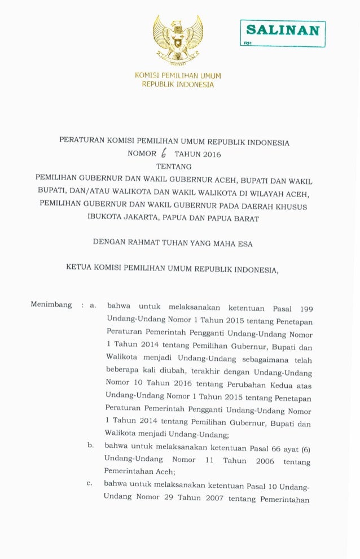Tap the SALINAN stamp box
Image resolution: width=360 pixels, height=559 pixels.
pyautogui.click(x=282, y=33)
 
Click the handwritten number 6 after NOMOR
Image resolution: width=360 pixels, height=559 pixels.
pyautogui.click(x=164, y=153)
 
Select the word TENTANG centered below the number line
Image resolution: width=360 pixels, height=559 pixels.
pyautogui.click(x=173, y=167)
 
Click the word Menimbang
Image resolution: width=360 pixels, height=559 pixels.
pyautogui.click(x=51, y=305)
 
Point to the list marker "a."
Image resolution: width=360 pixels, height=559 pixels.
pyautogui.click(x=93, y=305)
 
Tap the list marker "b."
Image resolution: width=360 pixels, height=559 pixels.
pyautogui.click(x=90, y=446)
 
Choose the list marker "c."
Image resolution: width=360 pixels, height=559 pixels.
pyautogui.click(x=89, y=483)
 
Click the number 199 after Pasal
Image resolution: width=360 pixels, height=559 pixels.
pyautogui.click(x=306, y=309)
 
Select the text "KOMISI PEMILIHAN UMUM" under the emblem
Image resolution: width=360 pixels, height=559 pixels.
pyautogui.click(x=178, y=76)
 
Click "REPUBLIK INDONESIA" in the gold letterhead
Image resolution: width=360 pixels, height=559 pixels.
pyautogui.click(x=178, y=85)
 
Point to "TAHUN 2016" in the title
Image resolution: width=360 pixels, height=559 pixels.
pyautogui.click(x=197, y=154)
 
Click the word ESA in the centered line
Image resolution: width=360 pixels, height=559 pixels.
pyautogui.click(x=245, y=244)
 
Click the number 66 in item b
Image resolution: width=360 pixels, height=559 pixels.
pyautogui.click(x=274, y=449)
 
